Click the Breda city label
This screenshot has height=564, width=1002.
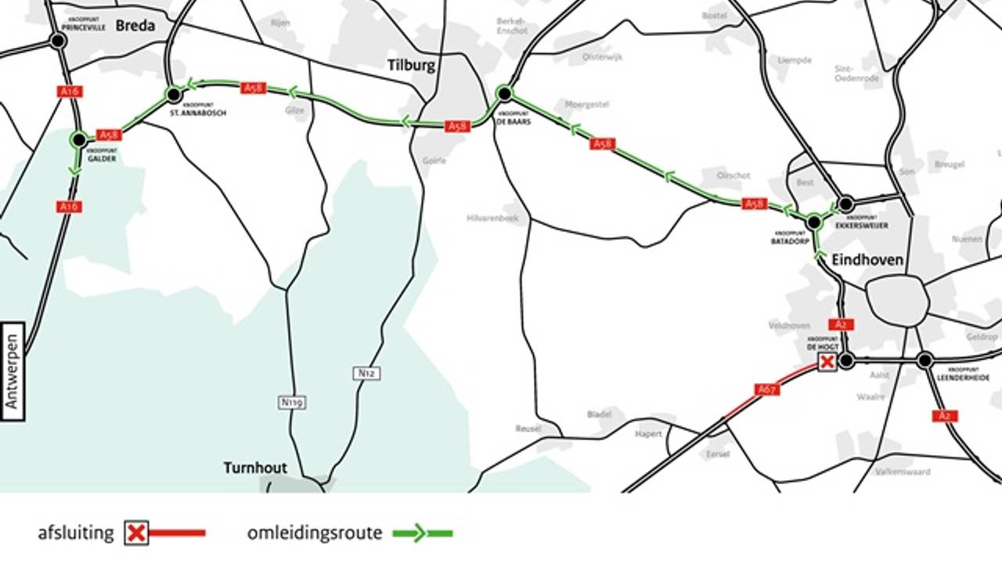(135, 26)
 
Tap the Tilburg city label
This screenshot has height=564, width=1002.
(411, 65)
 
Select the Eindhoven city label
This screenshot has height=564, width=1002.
(867, 260)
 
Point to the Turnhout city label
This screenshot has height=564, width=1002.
(255, 468)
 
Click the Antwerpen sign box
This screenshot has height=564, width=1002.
(13, 371)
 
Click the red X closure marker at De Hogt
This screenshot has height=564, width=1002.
(827, 361)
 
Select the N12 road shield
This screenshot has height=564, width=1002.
(366, 374)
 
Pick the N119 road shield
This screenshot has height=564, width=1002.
(291, 402)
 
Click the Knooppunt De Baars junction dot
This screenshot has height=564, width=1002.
(505, 94)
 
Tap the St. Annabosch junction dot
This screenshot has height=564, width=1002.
(174, 95)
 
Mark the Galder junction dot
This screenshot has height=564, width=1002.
(78, 139)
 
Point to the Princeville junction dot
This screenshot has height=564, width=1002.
(57, 41)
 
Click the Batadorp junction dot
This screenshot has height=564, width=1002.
(813, 222)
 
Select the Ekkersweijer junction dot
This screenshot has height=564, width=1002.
(845, 204)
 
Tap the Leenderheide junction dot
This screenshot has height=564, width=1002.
(925, 360)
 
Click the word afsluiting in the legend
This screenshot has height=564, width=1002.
(76, 534)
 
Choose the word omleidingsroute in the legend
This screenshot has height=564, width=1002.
(315, 534)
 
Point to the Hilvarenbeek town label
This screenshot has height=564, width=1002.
(493, 219)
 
